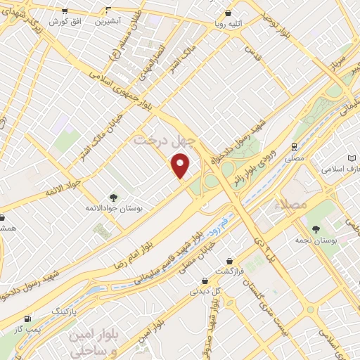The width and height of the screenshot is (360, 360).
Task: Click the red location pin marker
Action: pos(181,166)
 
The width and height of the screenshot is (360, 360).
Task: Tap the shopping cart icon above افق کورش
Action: pos(65,11)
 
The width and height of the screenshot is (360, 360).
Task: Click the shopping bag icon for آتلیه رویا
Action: pos(227,13)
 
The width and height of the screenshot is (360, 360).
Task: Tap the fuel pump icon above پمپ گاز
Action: pos(27,319)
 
